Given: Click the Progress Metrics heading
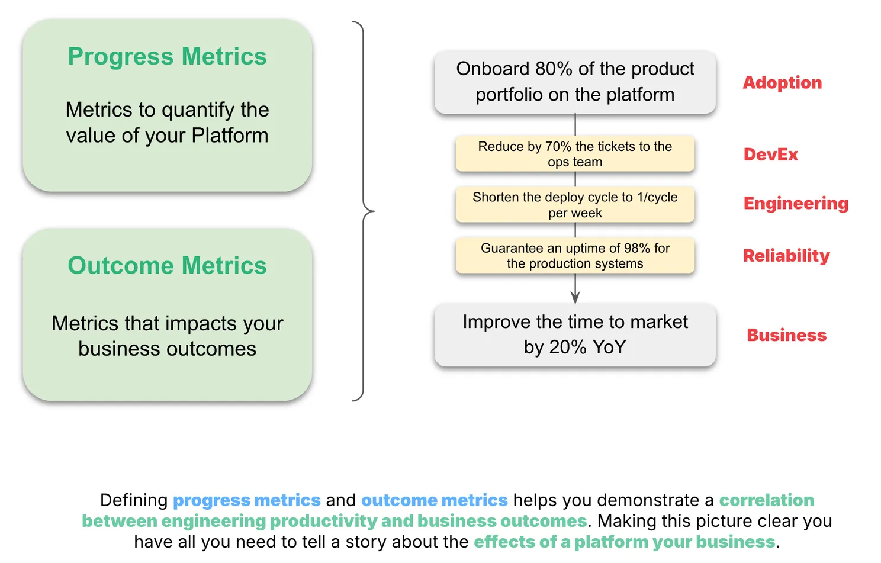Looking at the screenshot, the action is (167, 57).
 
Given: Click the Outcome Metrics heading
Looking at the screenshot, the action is (167, 265).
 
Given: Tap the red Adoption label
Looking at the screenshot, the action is (782, 83).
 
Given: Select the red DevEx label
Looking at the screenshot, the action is (770, 155).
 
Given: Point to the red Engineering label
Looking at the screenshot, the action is (796, 204).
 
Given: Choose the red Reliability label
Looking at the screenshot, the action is (786, 256).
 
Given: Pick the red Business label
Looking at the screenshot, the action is (787, 335).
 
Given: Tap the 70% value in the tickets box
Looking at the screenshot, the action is (558, 147).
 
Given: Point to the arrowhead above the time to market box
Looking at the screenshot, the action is (575, 298).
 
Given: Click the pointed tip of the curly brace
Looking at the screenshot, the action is (374, 211).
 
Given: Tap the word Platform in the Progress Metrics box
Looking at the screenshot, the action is (230, 136).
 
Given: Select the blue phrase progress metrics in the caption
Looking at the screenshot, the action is (247, 500).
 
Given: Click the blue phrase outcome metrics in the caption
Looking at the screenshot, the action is (435, 500).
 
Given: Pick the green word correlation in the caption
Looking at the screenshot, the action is (767, 500).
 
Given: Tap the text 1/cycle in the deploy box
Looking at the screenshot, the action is (657, 197).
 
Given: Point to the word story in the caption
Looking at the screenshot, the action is (366, 542).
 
